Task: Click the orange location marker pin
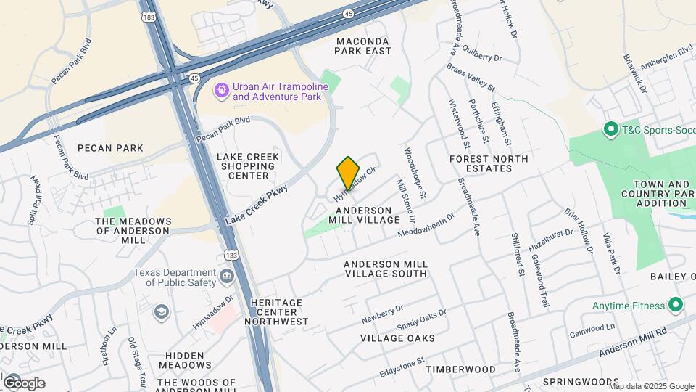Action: (x=349, y=173)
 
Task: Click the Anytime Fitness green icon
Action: (x=676, y=305)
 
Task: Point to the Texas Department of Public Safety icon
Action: (x=226, y=277)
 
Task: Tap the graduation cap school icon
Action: (x=161, y=312)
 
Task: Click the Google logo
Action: (x=24, y=383)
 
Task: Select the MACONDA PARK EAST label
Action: (x=362, y=46)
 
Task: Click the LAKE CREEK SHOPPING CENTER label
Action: (x=246, y=166)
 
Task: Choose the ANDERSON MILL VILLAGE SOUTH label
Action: (x=385, y=269)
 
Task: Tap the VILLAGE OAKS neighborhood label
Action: (x=397, y=338)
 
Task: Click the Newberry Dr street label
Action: (x=382, y=314)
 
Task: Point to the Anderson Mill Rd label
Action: (x=634, y=343)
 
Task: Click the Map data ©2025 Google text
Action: (x=652, y=385)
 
